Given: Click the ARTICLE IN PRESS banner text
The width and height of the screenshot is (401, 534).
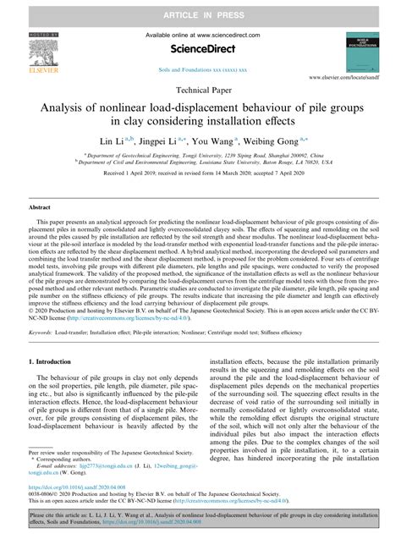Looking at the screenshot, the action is (200, 8).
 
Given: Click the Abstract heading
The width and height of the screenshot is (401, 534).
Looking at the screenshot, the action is (41, 206).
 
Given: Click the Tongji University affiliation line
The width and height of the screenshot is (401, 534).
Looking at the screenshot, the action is (200, 157).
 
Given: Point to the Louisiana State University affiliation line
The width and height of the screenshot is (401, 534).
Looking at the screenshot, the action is (200, 164).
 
